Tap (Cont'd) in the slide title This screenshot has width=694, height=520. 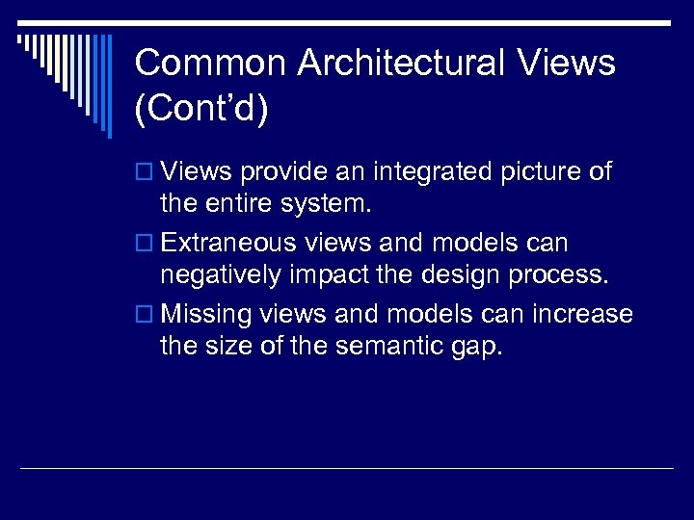[201, 109]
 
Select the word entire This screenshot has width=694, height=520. [242, 205]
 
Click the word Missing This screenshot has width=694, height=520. [205, 315]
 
